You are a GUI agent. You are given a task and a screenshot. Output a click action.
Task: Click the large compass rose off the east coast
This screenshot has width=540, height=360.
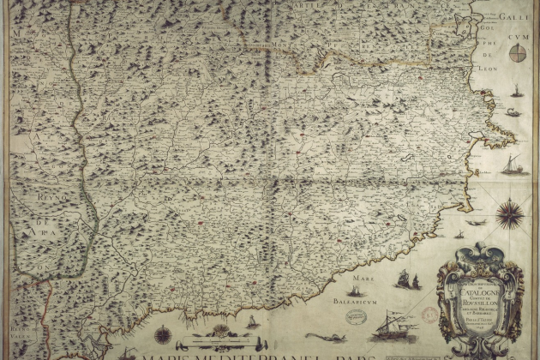[x=512, y=211]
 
